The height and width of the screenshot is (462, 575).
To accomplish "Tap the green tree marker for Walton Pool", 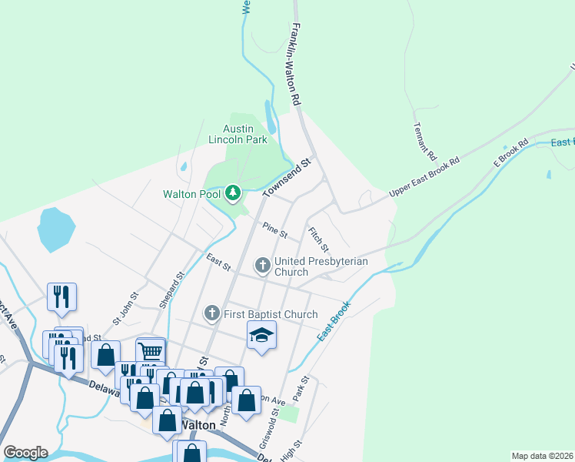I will click(x=233, y=192).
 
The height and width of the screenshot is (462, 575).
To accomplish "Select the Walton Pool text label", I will click(x=191, y=194).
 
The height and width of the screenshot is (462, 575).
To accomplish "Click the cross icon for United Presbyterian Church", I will click(x=262, y=266).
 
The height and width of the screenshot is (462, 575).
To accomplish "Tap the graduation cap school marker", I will click(x=261, y=335).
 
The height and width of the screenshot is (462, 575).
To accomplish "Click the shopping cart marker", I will click(x=151, y=351).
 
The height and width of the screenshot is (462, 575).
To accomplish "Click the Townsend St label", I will click(x=287, y=177).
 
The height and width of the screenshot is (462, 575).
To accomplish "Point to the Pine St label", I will click(x=274, y=229).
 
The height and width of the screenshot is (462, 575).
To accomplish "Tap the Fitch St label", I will click(x=318, y=239).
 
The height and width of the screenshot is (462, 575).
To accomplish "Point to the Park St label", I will click(x=305, y=389).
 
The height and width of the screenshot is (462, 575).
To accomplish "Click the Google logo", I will click(x=25, y=453).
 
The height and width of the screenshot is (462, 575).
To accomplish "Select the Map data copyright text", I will click(x=542, y=456).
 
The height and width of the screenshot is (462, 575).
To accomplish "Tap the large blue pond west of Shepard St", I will click(x=56, y=229).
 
